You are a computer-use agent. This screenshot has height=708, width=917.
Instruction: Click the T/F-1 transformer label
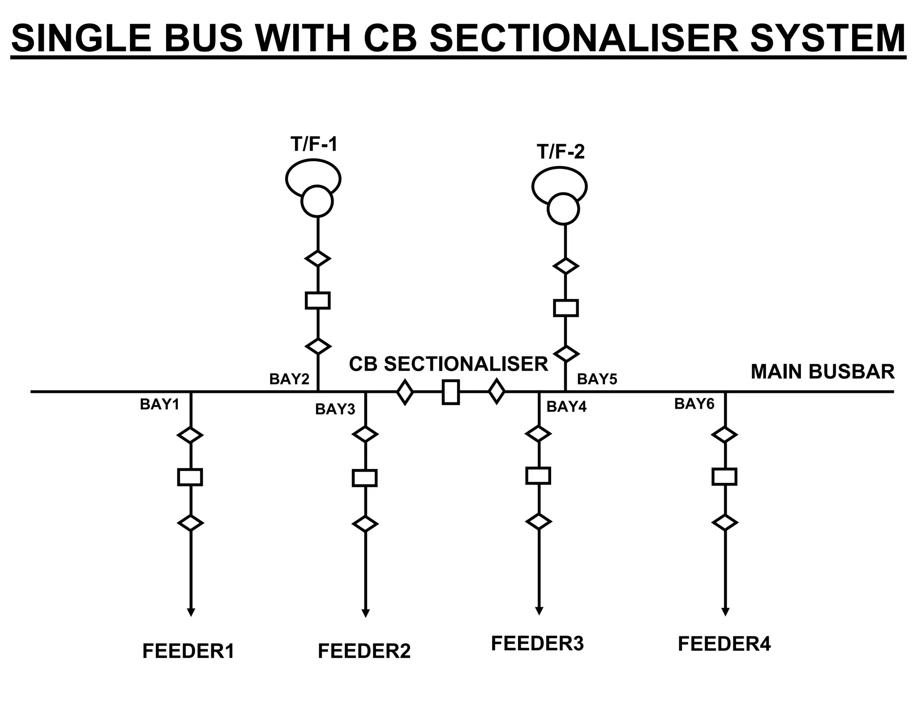(313, 144)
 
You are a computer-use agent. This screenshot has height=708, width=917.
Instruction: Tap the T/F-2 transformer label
(560, 152)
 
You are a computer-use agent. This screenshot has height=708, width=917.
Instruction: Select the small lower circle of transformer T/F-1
(317, 201)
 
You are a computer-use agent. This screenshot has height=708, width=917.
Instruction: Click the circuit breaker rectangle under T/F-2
(566, 308)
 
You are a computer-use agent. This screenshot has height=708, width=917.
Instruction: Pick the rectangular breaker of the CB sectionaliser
(450, 392)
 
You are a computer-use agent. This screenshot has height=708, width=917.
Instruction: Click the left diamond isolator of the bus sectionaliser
(405, 392)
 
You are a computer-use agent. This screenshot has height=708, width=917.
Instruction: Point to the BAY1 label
(159, 404)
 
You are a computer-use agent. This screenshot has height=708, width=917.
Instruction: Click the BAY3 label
(335, 409)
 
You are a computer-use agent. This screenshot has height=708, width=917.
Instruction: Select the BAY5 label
(597, 379)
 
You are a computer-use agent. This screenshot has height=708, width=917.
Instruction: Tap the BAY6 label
(694, 404)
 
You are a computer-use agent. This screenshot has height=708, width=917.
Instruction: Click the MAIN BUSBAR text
(823, 372)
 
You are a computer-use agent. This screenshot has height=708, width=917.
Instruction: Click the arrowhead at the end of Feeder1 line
(191, 612)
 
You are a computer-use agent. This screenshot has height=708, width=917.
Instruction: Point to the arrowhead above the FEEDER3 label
(539, 611)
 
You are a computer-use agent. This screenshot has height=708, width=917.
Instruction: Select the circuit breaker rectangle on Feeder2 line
(365, 478)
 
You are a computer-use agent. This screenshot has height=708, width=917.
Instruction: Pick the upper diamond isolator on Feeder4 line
(724, 435)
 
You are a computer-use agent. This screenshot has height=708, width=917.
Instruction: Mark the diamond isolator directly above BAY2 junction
(318, 346)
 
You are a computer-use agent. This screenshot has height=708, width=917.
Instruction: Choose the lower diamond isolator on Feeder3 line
(538, 521)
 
